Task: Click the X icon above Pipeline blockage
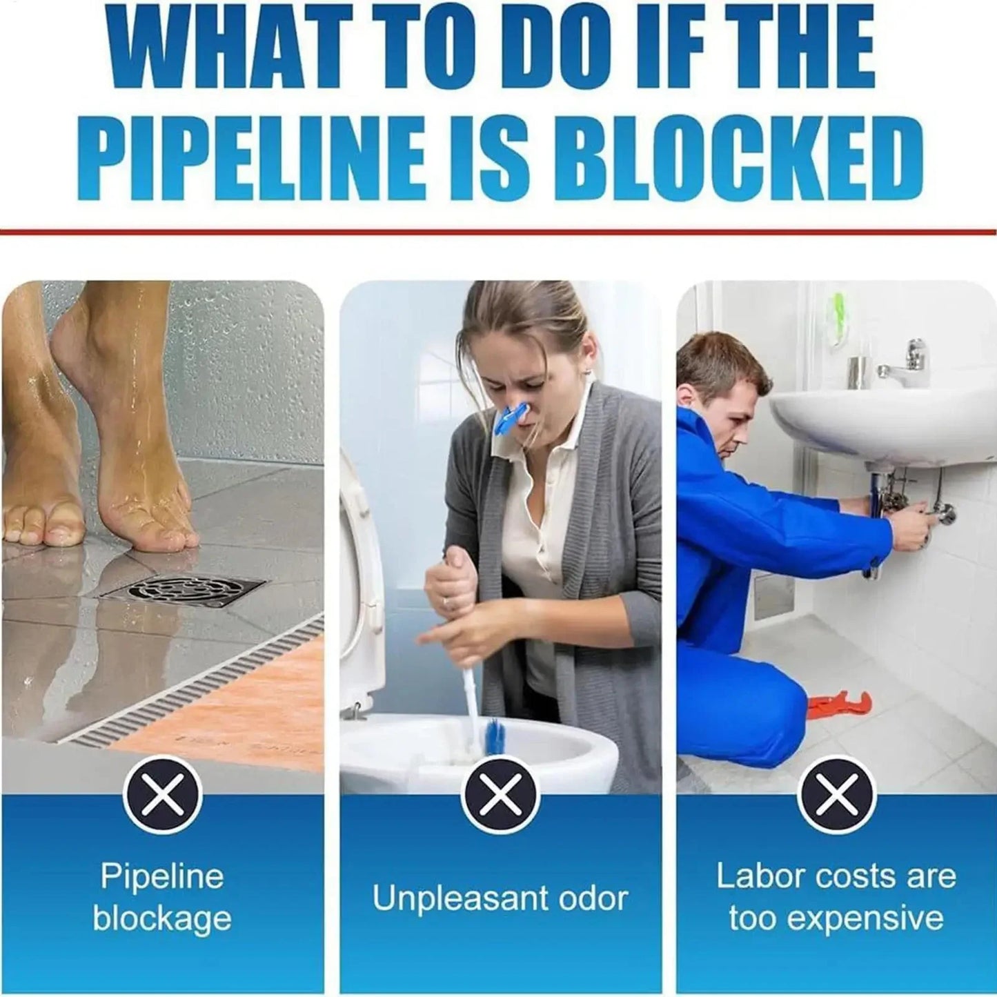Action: [163, 795]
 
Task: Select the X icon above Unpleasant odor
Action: [500, 795]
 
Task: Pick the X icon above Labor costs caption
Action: [836, 795]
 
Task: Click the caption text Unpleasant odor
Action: [500, 898]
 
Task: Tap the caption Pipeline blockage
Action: [163, 898]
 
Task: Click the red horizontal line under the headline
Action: [498, 231]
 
